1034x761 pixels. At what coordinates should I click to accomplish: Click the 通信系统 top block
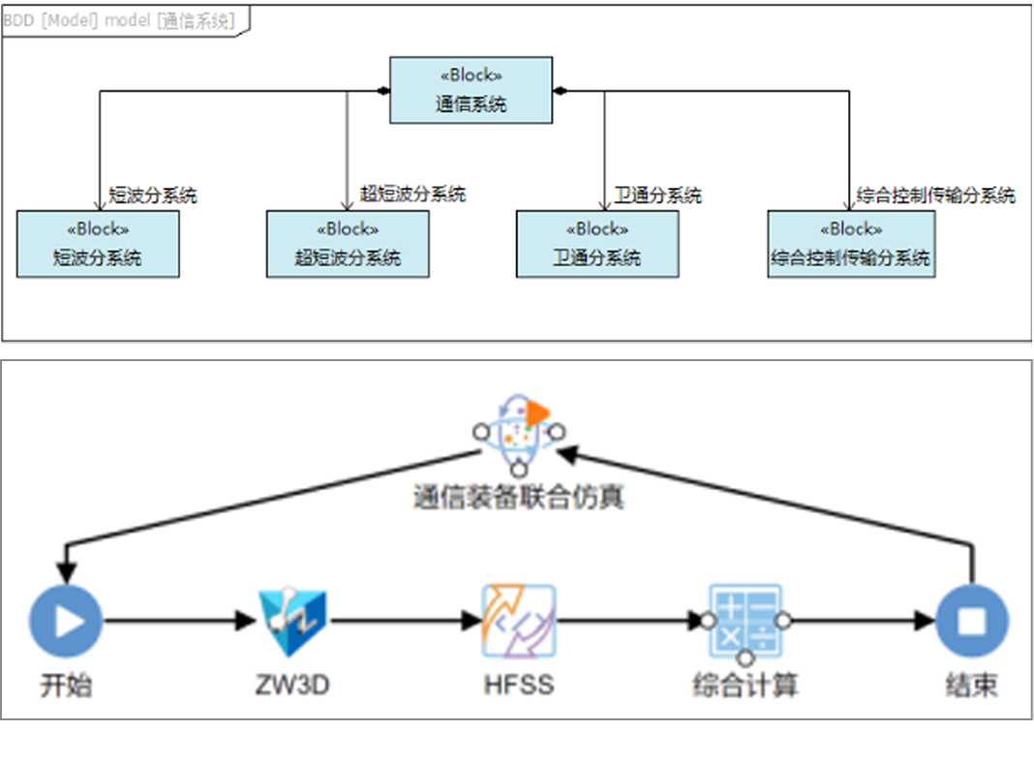click(471, 90)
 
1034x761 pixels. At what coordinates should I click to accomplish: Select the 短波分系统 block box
click(98, 244)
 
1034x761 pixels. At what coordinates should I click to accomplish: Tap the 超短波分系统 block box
click(348, 244)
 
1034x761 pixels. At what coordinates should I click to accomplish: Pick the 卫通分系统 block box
click(596, 244)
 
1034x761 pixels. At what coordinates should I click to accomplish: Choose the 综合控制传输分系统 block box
click(851, 244)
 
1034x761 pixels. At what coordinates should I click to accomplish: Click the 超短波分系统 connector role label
click(412, 194)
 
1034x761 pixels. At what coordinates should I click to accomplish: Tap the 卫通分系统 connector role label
click(658, 196)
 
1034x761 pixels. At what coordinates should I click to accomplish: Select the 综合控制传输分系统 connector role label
click(935, 196)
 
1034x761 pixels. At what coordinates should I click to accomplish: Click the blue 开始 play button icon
click(66, 621)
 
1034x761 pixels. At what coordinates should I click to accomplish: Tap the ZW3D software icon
click(292, 621)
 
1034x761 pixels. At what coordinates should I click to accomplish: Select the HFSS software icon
click(519, 621)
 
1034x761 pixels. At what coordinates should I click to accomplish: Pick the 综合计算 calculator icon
click(745, 621)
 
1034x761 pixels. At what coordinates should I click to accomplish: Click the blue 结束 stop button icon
click(971, 621)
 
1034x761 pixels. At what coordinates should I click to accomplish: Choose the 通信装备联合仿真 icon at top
click(519, 431)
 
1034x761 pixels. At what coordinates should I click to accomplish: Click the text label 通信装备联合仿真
click(519, 498)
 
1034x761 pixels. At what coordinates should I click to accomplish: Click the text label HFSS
click(519, 685)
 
